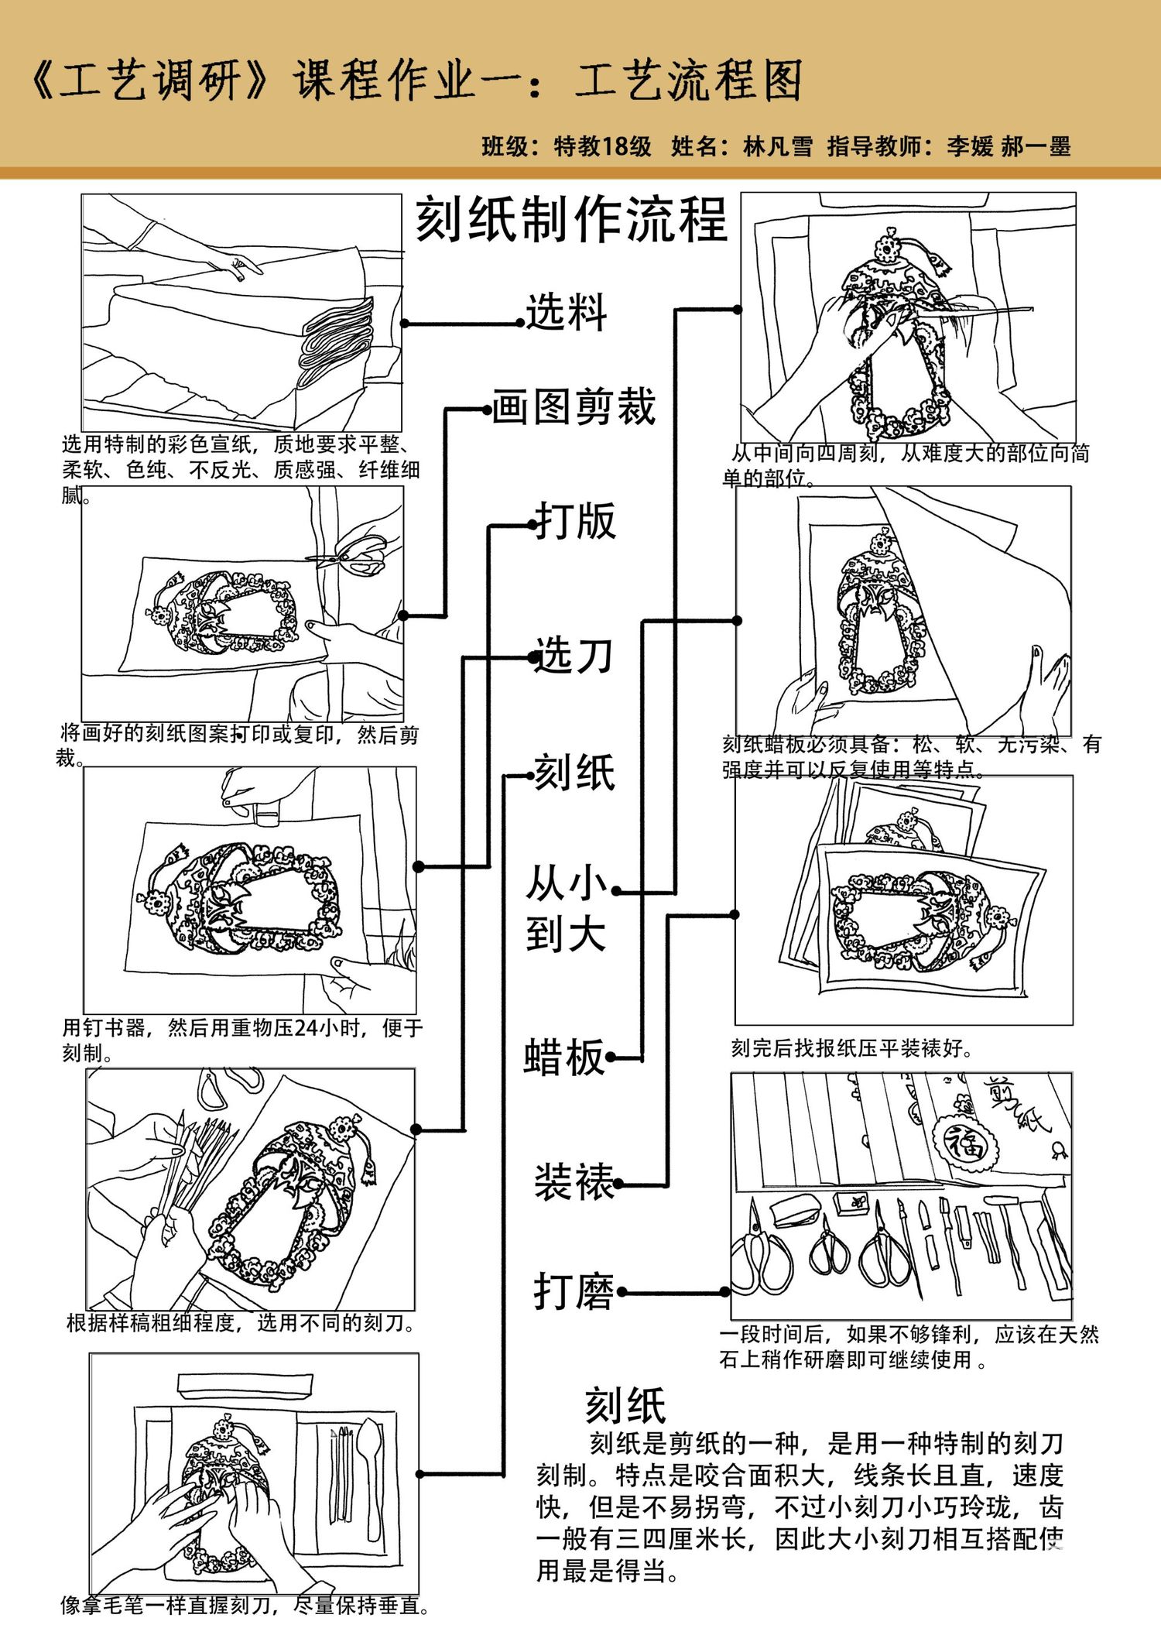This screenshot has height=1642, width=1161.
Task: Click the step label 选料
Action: [x=567, y=313]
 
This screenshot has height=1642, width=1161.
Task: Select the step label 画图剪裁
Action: [x=574, y=407]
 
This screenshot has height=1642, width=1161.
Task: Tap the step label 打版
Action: [x=576, y=521]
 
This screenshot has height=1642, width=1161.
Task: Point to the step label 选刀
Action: [x=574, y=656]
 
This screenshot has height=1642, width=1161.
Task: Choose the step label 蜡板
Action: [x=563, y=1058]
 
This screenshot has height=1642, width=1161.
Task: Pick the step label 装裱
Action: [x=574, y=1182]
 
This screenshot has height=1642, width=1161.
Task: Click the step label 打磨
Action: [x=574, y=1292]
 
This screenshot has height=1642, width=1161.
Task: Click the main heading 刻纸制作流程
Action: [x=571, y=220]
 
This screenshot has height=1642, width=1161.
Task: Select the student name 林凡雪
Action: [x=778, y=146]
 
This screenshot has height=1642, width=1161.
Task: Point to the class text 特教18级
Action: [x=603, y=146]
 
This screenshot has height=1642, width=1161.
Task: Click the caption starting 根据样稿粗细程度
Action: [x=241, y=1323]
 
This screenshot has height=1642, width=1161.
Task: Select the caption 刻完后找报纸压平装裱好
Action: [x=851, y=1048]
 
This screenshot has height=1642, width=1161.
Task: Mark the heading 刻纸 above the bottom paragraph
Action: [x=625, y=1406]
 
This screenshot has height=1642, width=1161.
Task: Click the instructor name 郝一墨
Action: [x=1036, y=146]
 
